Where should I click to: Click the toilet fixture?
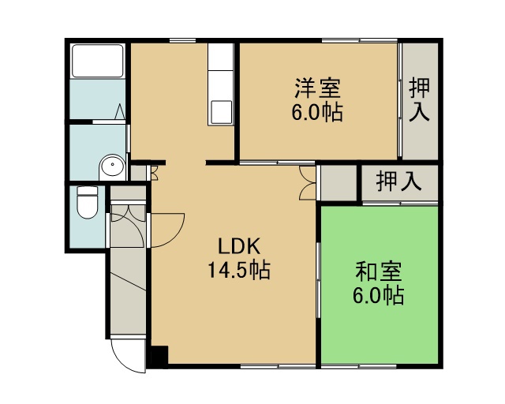coord(88,202)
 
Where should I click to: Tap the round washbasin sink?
coord(112,165)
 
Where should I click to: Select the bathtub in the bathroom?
coord(98,61)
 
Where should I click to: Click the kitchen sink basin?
coord(221,112)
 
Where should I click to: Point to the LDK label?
coord(239,246)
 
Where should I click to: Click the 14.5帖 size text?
coord(239,270)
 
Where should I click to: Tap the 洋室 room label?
coord(317,88)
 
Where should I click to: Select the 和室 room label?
coord(379,271)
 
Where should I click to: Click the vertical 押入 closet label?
coord(419,100)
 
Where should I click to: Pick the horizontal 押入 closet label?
coord(399,181)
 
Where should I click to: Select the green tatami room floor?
coord(380,285)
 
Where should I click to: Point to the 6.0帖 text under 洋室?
coord(317,112)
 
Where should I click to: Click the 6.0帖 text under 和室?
coord(379,295)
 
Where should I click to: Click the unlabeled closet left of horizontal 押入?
coord(339,183)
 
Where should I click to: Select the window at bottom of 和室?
coord(359,366)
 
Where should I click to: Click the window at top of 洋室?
coord(360,40)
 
